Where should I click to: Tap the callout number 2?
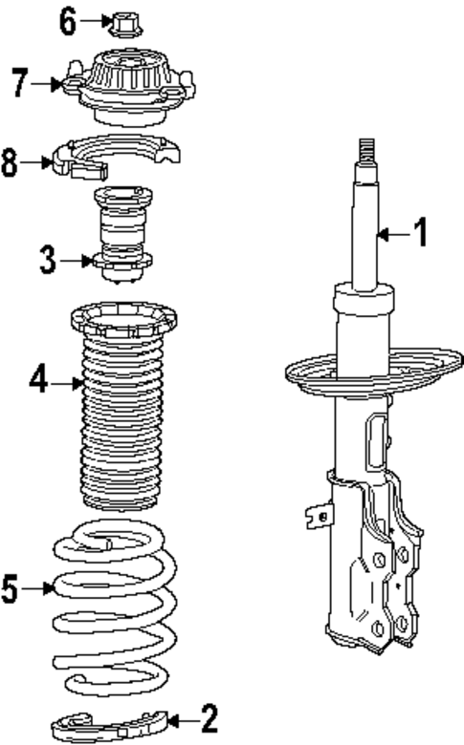[209, 715]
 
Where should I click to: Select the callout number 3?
[49, 260]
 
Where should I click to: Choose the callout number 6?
[68, 20]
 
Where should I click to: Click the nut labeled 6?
[122, 22]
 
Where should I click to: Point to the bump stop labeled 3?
[121, 233]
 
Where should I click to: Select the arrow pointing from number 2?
[181, 716]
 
